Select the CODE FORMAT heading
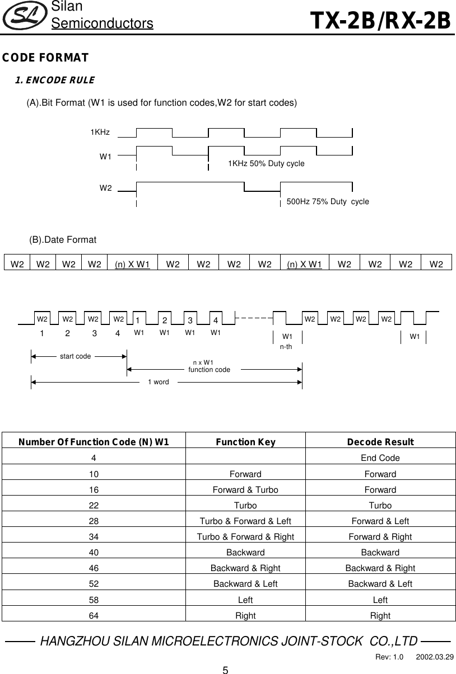tap(45, 58)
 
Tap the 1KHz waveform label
tap(100, 133)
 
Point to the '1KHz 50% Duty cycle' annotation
tap(266, 163)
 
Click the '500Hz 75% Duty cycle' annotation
tap(328, 201)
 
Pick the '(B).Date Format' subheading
tap(63, 240)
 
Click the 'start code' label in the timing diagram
tap(75, 356)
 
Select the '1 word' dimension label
tap(158, 382)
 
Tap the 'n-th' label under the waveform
tap(286, 347)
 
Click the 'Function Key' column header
tap(245, 442)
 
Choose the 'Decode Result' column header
tap(380, 442)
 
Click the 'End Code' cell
tap(380, 458)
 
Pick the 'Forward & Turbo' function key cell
tap(245, 489)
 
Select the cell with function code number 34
tap(94, 536)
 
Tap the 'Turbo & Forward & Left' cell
tap(245, 521)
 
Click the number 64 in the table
tap(94, 616)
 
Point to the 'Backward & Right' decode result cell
tap(380, 568)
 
